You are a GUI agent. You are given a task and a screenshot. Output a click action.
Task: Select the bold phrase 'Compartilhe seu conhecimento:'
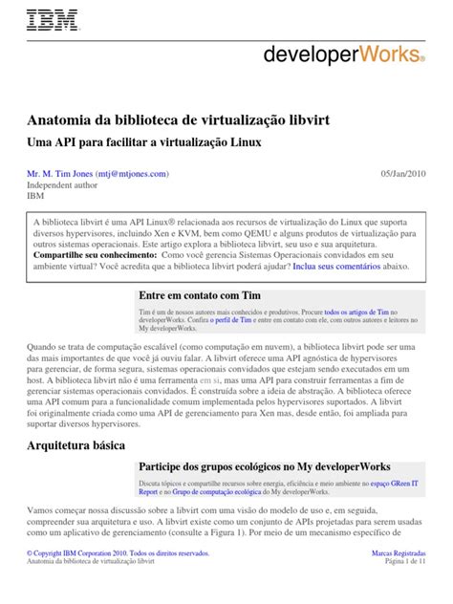point(94,256)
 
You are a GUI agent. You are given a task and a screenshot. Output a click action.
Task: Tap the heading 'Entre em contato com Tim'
point(200,297)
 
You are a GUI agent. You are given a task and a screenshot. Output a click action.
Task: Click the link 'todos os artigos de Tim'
point(356,313)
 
